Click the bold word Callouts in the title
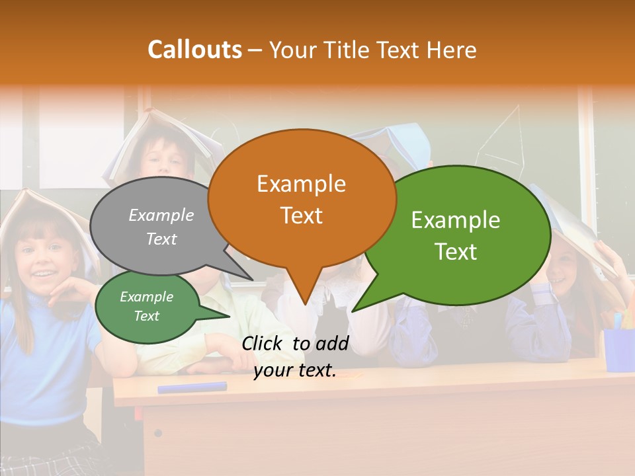[194, 50]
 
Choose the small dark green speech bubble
[147, 306]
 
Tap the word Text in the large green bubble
[456, 252]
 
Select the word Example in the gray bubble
[161, 215]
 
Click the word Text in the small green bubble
[147, 316]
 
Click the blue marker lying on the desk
[192, 387]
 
